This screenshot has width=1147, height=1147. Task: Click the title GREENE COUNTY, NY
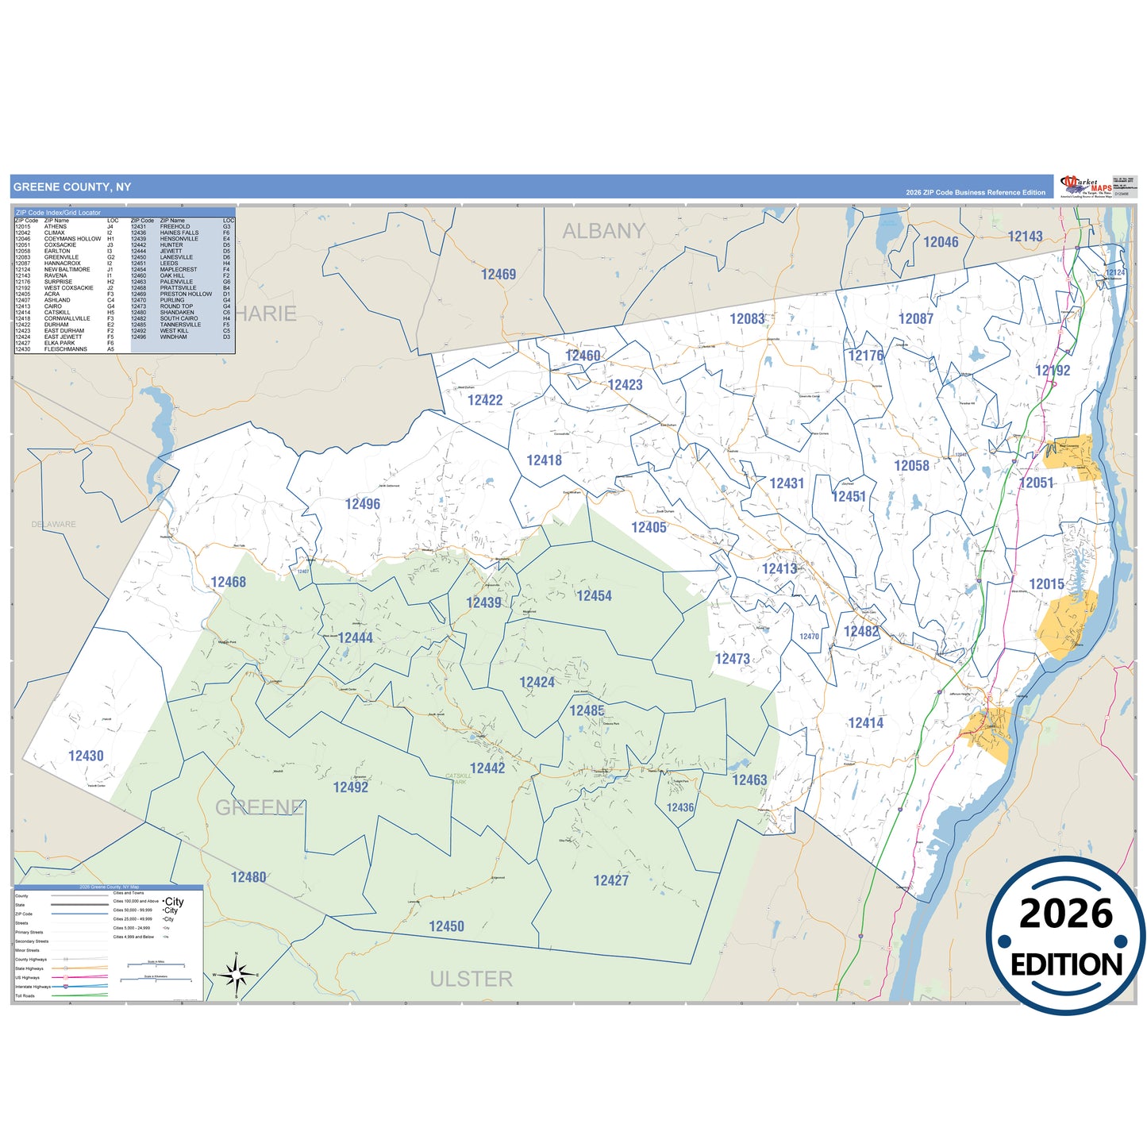(72, 187)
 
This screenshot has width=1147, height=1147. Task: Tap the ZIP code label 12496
(362, 504)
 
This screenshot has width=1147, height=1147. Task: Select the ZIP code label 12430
(86, 756)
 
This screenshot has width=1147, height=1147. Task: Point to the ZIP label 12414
(865, 722)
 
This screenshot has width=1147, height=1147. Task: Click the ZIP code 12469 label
(498, 275)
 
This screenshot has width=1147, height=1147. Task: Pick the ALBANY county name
(603, 231)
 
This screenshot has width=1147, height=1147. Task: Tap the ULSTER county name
(471, 979)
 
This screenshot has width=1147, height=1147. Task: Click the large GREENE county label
(260, 807)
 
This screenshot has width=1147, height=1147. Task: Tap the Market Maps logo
(1085, 187)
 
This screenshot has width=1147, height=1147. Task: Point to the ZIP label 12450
(446, 926)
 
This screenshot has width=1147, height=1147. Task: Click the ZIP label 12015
(1046, 584)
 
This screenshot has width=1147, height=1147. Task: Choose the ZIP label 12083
(747, 318)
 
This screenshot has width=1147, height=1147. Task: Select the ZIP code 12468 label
(228, 582)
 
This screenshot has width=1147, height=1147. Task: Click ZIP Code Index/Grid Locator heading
(59, 213)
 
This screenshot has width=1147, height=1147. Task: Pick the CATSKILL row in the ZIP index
(57, 313)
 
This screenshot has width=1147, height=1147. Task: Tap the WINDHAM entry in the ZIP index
(173, 337)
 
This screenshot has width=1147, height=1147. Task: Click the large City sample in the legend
(174, 902)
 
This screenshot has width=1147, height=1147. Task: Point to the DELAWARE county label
(54, 524)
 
